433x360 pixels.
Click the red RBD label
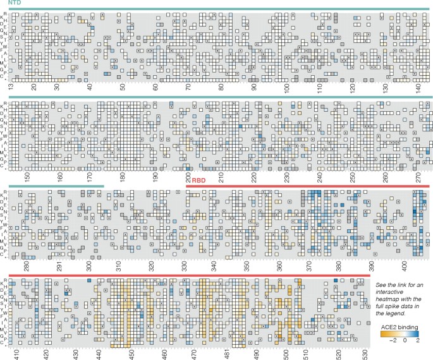point(198,181)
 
